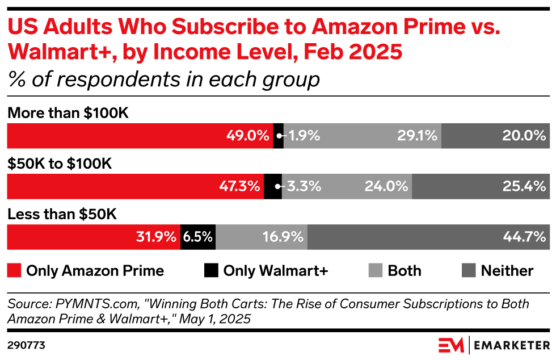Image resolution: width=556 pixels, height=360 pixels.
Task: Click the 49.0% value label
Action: tap(247, 136)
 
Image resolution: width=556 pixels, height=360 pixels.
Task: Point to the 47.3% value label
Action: tap(240, 186)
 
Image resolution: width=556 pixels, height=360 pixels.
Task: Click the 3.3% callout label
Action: tap(305, 186)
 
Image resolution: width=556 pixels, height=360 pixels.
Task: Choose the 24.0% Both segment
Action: tap(347, 186)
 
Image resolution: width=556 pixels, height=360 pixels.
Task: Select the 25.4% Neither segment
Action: tap(481, 186)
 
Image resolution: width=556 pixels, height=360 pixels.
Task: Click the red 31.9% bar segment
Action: tap(94, 237)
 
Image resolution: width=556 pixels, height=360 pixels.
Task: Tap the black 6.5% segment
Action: tap(198, 237)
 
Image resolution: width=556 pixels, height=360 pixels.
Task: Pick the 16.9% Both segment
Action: tap(262, 237)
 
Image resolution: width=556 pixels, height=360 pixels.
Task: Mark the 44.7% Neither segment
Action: tap(428, 237)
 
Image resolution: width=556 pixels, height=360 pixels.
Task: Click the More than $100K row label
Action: tap(68, 114)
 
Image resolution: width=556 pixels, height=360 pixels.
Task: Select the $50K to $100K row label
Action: tap(60, 164)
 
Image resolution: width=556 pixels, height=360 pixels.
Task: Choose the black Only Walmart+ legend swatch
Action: tap(211, 271)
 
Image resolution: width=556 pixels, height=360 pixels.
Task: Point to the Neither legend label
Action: tap(507, 271)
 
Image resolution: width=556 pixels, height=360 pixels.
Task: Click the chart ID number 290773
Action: tap(27, 345)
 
